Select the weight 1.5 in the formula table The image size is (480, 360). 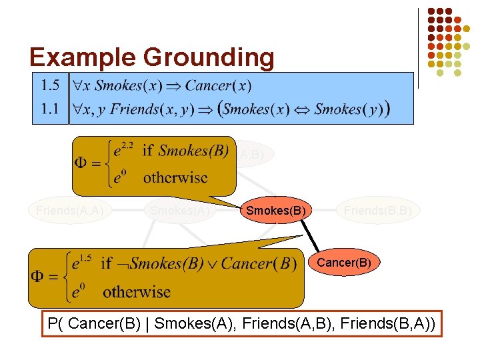[50, 85]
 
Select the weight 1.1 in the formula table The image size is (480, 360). [50, 109]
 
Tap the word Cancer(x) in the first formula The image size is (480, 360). [218, 85]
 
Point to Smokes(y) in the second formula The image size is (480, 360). [347, 109]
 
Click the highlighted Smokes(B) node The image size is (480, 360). [276, 211]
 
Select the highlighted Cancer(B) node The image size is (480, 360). [343, 263]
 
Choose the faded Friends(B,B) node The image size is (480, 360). [377, 211]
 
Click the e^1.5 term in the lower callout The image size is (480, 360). [83, 263]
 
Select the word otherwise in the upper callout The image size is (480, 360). [175, 178]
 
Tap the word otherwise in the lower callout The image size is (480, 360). [137, 291]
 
